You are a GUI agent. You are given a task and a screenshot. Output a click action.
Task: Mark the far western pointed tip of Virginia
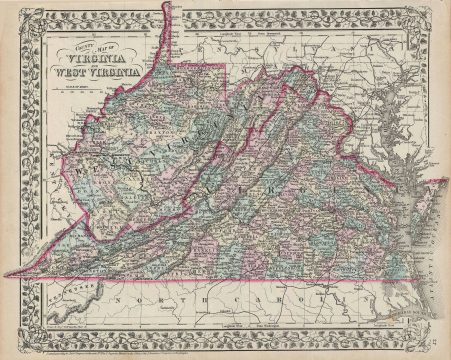coord(19,275)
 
